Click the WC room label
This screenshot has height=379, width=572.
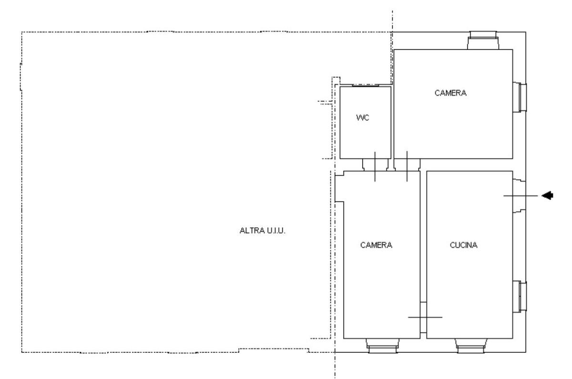[363, 118]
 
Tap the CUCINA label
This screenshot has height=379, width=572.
[463, 245]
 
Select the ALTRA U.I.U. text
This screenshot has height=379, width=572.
[262, 230]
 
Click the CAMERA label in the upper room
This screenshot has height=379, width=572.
[450, 93]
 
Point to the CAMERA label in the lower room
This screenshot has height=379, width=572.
[376, 245]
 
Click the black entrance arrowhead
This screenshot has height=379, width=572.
[547, 195]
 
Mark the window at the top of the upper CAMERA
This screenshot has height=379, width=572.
[483, 40]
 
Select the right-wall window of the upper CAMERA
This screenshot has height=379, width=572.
[520, 97]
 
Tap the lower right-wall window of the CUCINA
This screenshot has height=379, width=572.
[520, 296]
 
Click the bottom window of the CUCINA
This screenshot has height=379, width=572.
[471, 346]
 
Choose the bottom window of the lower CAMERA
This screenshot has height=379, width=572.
[382, 346]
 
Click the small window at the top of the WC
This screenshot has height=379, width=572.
[366, 85]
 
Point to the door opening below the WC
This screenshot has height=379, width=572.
[375, 165]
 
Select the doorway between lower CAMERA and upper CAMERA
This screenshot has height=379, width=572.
[407, 165]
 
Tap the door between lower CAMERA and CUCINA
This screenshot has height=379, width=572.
[423, 317]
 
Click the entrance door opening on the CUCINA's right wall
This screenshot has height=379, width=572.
[519, 196]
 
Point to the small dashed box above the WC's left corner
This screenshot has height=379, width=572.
[336, 80]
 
